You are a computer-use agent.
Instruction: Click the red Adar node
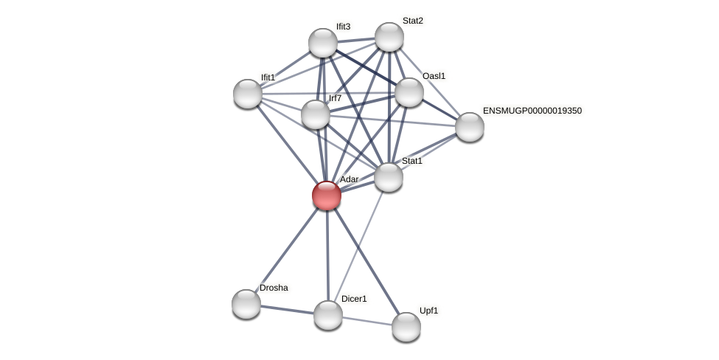click(327, 195)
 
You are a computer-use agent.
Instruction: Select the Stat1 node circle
click(389, 177)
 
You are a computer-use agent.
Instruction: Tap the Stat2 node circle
click(389, 37)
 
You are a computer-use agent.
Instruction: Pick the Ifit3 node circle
click(323, 43)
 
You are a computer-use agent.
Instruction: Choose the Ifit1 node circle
click(248, 94)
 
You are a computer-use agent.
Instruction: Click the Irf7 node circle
click(316, 114)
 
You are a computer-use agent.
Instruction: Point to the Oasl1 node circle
click(409, 92)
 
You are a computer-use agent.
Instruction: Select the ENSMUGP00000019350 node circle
click(470, 127)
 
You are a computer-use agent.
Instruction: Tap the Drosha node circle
click(246, 304)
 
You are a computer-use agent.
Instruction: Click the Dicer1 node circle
click(328, 315)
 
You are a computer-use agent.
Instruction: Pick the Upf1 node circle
click(406, 327)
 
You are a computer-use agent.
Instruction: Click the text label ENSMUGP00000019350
click(532, 111)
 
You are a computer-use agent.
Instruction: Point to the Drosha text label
click(274, 288)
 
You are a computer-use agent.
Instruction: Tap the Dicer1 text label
click(354, 299)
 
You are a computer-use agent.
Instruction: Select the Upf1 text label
click(428, 311)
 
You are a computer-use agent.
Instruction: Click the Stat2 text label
click(412, 21)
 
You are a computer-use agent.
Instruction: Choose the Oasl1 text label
click(434, 76)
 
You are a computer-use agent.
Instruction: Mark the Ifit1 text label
click(268, 77)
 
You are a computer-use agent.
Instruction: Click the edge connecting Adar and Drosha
click(287, 249)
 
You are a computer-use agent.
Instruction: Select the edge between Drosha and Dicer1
click(287, 310)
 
